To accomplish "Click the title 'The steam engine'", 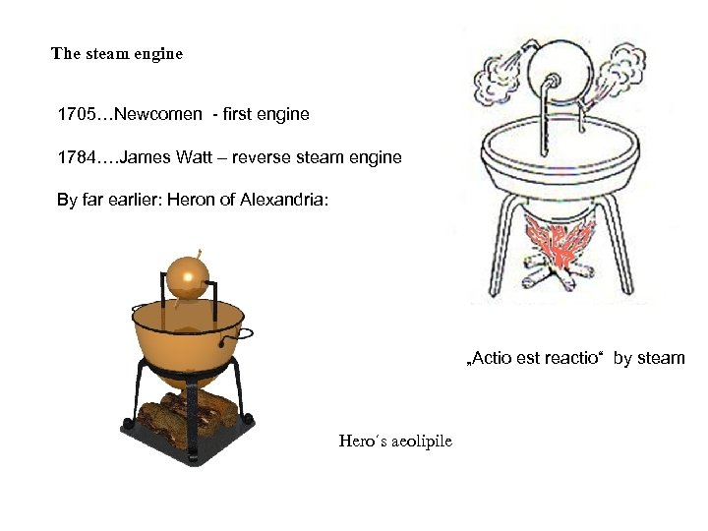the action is coord(117,54).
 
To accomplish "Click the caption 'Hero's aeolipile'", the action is coord(395,441).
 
